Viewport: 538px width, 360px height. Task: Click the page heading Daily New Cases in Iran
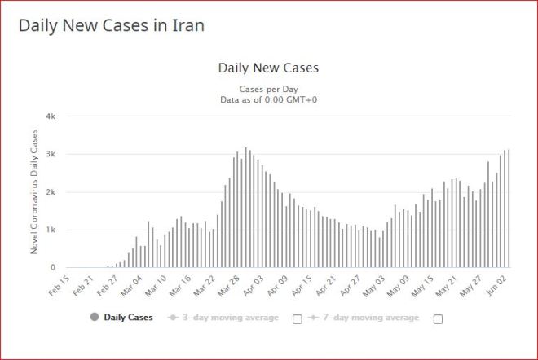(x=111, y=25)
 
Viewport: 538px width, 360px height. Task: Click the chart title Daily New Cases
(x=268, y=68)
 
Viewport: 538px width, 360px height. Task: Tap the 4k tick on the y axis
(x=51, y=116)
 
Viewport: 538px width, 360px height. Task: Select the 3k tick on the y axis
(x=51, y=154)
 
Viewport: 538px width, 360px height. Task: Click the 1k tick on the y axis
(x=51, y=230)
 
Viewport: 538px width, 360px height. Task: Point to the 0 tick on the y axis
(x=53, y=267)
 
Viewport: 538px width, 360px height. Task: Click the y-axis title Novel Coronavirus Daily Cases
(x=34, y=191)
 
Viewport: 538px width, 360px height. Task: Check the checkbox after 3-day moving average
(x=298, y=318)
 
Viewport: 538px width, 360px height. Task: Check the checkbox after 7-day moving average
(x=438, y=318)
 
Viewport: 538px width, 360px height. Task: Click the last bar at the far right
(x=509, y=209)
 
